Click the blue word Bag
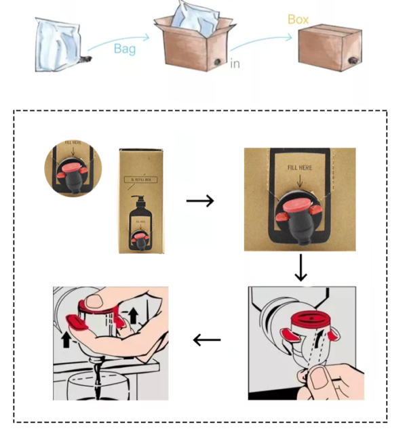tap(125, 49)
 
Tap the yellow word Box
tap(298, 20)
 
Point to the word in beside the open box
tap(235, 64)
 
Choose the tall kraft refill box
tap(141, 201)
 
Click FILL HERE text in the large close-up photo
tap(301, 167)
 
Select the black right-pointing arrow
tap(200, 201)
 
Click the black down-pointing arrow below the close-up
tap(301, 269)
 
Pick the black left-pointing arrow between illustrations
tap(208, 339)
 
